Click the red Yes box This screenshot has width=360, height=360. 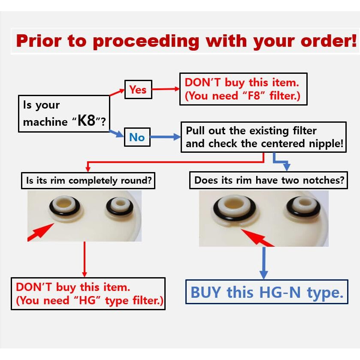click(x=138, y=90)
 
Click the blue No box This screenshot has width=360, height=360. click(x=137, y=137)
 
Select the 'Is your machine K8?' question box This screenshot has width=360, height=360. click(x=64, y=114)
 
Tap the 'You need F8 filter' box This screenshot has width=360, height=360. click(x=243, y=89)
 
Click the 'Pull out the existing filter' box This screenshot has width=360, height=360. click(x=263, y=137)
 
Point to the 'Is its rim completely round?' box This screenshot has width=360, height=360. click(x=88, y=181)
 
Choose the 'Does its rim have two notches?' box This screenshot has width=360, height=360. click(x=269, y=180)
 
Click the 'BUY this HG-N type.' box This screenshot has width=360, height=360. click(x=267, y=292)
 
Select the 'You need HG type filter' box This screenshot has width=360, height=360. click(x=88, y=293)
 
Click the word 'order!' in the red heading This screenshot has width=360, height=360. click(x=329, y=41)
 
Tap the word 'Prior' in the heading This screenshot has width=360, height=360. click(x=39, y=41)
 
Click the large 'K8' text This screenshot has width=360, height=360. click(x=86, y=120)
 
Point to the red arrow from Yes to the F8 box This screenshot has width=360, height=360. click(x=166, y=89)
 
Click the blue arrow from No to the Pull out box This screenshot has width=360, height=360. click(x=165, y=137)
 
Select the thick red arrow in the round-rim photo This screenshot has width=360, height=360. click(x=41, y=232)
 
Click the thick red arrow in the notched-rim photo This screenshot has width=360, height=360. click(x=257, y=238)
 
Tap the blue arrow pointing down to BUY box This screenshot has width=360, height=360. click(x=264, y=263)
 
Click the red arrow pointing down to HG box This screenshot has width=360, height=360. click(x=85, y=260)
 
